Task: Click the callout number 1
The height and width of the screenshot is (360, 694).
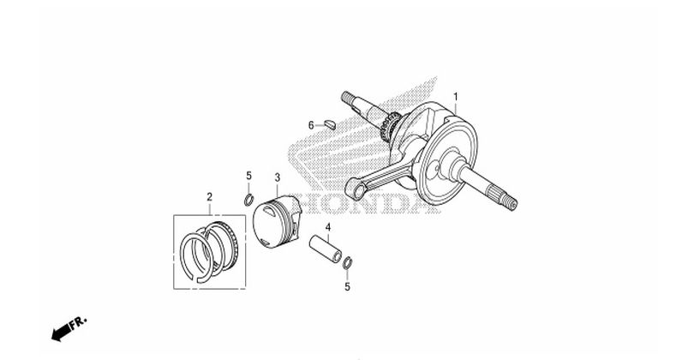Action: [x=456, y=97]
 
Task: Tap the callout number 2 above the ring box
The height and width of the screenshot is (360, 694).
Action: [x=209, y=196]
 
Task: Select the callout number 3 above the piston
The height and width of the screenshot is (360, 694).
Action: [x=277, y=177]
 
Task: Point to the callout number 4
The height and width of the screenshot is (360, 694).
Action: [x=328, y=227]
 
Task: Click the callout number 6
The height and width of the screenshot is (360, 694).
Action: [x=311, y=125]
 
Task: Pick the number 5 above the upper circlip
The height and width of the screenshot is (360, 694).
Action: [x=248, y=176]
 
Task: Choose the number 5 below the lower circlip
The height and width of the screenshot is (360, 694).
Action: [x=348, y=287]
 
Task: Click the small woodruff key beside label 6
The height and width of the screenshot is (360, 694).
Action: [x=329, y=124]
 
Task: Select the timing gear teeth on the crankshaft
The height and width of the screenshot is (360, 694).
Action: [x=390, y=127]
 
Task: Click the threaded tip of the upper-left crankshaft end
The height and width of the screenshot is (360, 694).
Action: [x=346, y=97]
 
